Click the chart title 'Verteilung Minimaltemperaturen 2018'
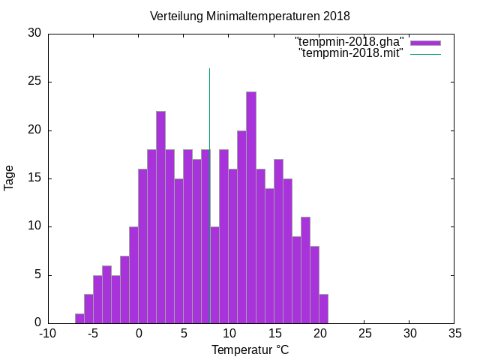[x=250, y=16]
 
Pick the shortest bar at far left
[x=79, y=318]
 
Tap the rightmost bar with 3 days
[x=323, y=308]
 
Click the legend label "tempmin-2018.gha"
[x=349, y=41]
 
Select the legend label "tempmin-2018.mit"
[x=351, y=53]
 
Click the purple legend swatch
[x=425, y=42]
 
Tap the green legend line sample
[x=425, y=54]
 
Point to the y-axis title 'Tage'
[x=10, y=178]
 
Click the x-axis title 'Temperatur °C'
[x=250, y=349]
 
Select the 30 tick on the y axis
[x=34, y=34]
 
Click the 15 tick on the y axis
[x=34, y=178]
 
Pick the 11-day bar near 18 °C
[x=305, y=270]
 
